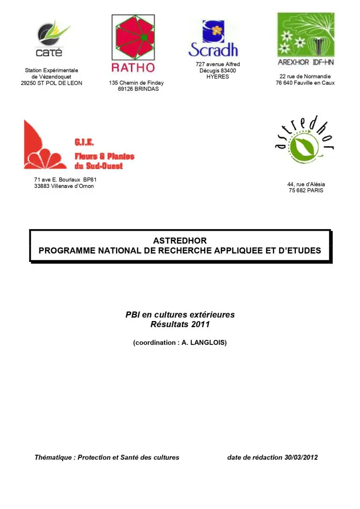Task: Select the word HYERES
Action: [x=217, y=77]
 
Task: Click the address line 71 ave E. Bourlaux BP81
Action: [x=65, y=180]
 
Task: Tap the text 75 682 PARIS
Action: [x=306, y=191]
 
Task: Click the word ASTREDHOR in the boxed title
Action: [x=180, y=241]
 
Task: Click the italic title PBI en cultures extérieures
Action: [x=180, y=315]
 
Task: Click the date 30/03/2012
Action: [x=300, y=457]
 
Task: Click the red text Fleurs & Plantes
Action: [x=104, y=157]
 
